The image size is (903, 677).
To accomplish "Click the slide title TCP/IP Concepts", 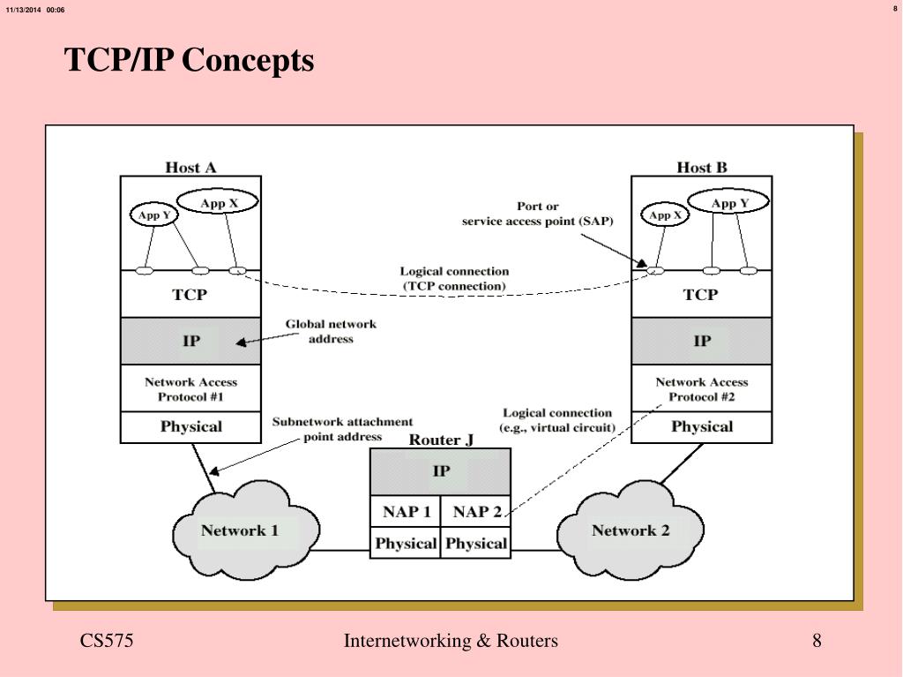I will (189, 61).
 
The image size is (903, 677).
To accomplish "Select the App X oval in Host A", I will (219, 203).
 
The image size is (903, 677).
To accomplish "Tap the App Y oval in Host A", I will (154, 214).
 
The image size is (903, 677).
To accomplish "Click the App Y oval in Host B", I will (728, 203).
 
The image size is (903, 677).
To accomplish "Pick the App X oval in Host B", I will (665, 214).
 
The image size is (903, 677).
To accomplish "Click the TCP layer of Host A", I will (190, 295).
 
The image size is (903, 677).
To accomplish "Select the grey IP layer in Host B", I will (702, 341).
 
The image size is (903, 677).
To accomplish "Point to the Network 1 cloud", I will (240, 531).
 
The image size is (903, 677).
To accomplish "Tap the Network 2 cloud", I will (630, 531).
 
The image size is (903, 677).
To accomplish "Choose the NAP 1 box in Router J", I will (406, 512).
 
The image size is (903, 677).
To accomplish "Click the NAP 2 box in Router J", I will (476, 512).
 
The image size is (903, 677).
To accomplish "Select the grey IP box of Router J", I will (440, 471).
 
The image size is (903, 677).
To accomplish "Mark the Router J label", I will (441, 440).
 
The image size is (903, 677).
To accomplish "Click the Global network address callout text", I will (331, 331).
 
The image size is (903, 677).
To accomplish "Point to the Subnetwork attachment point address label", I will (342, 429).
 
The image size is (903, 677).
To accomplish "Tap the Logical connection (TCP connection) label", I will (454, 279).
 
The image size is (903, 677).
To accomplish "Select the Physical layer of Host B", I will (702, 427).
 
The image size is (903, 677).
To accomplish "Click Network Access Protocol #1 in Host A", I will (190, 389).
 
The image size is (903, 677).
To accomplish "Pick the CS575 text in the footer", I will (107, 641).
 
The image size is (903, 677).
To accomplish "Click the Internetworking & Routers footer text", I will (451, 641).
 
